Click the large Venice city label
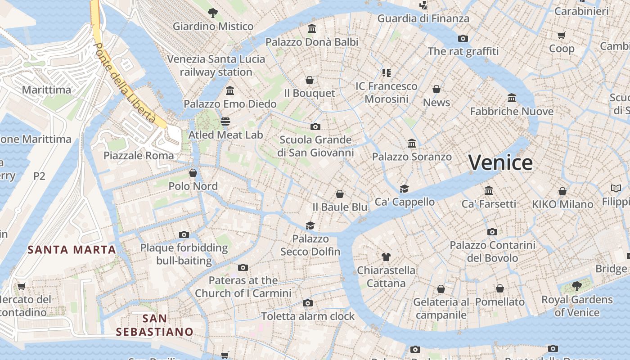coord(500,162)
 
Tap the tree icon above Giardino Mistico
coord(213,13)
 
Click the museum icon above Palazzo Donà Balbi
coord(312,29)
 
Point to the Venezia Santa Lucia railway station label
coord(216,66)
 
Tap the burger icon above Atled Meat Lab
coord(225,121)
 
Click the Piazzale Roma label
coord(139,156)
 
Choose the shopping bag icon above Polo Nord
coord(193,173)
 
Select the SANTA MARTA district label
coord(72,249)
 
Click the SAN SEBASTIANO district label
coord(154,325)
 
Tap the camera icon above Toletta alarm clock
coord(308,303)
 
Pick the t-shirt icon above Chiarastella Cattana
coord(386,257)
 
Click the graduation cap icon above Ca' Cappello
coord(405,189)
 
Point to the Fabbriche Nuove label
coord(512,111)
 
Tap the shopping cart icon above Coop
coord(562,35)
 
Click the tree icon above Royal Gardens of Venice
coord(577,286)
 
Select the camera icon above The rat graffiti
coord(463,38)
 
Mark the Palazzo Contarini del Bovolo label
coord(493,252)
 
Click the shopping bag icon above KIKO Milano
coord(562,191)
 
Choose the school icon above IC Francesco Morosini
coord(387,72)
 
